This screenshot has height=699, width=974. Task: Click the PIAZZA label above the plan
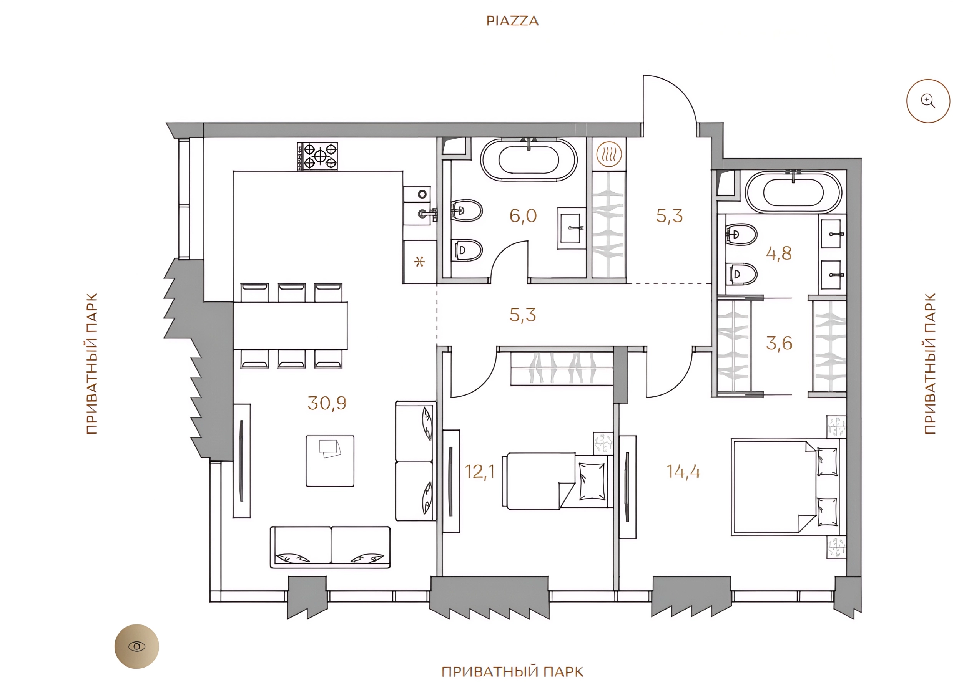(512, 21)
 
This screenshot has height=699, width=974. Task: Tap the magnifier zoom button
(928, 101)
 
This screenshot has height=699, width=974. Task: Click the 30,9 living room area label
(327, 403)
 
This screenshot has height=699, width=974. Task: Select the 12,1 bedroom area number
(480, 472)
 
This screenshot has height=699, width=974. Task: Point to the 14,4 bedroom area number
(683, 472)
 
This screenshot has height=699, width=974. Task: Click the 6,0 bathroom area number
(523, 216)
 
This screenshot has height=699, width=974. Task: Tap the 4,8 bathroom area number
(779, 253)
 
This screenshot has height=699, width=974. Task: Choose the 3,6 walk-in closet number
(779, 343)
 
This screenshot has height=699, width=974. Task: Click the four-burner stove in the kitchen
(317, 156)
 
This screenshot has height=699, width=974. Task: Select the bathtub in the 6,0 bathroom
(529, 160)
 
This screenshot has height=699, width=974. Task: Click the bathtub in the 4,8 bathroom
(793, 192)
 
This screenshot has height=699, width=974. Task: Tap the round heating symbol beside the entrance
(609, 154)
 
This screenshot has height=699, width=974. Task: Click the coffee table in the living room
(330, 461)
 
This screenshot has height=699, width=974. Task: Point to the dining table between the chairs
(290, 326)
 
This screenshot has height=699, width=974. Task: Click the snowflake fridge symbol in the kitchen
(420, 261)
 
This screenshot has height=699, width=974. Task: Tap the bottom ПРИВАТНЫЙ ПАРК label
(512, 671)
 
